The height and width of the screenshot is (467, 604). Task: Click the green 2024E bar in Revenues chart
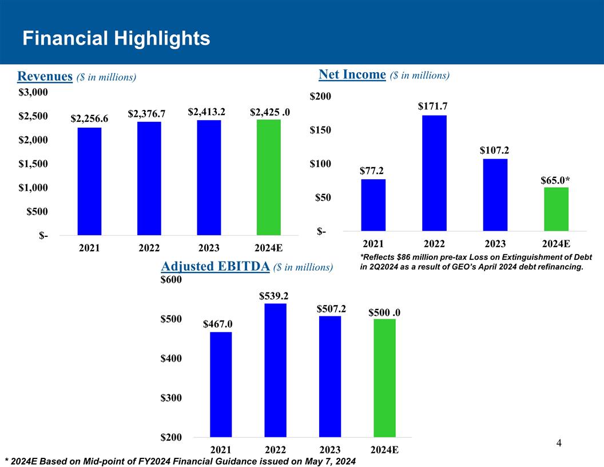click(268, 177)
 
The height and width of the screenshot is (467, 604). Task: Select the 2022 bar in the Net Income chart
click(434, 173)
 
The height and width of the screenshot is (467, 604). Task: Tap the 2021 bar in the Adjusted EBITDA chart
click(221, 384)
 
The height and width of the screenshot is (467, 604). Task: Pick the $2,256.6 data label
click(90, 118)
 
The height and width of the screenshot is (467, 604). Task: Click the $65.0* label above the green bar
click(555, 180)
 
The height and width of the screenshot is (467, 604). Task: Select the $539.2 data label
click(274, 296)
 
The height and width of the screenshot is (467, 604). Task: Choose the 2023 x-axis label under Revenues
click(209, 249)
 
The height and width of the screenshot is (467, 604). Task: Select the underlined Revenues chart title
click(45, 76)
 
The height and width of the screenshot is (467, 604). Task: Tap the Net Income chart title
click(352, 74)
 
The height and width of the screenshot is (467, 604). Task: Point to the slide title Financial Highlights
click(116, 39)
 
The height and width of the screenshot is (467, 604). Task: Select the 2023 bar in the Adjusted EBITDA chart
click(330, 376)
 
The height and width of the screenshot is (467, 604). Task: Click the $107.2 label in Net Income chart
click(494, 150)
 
